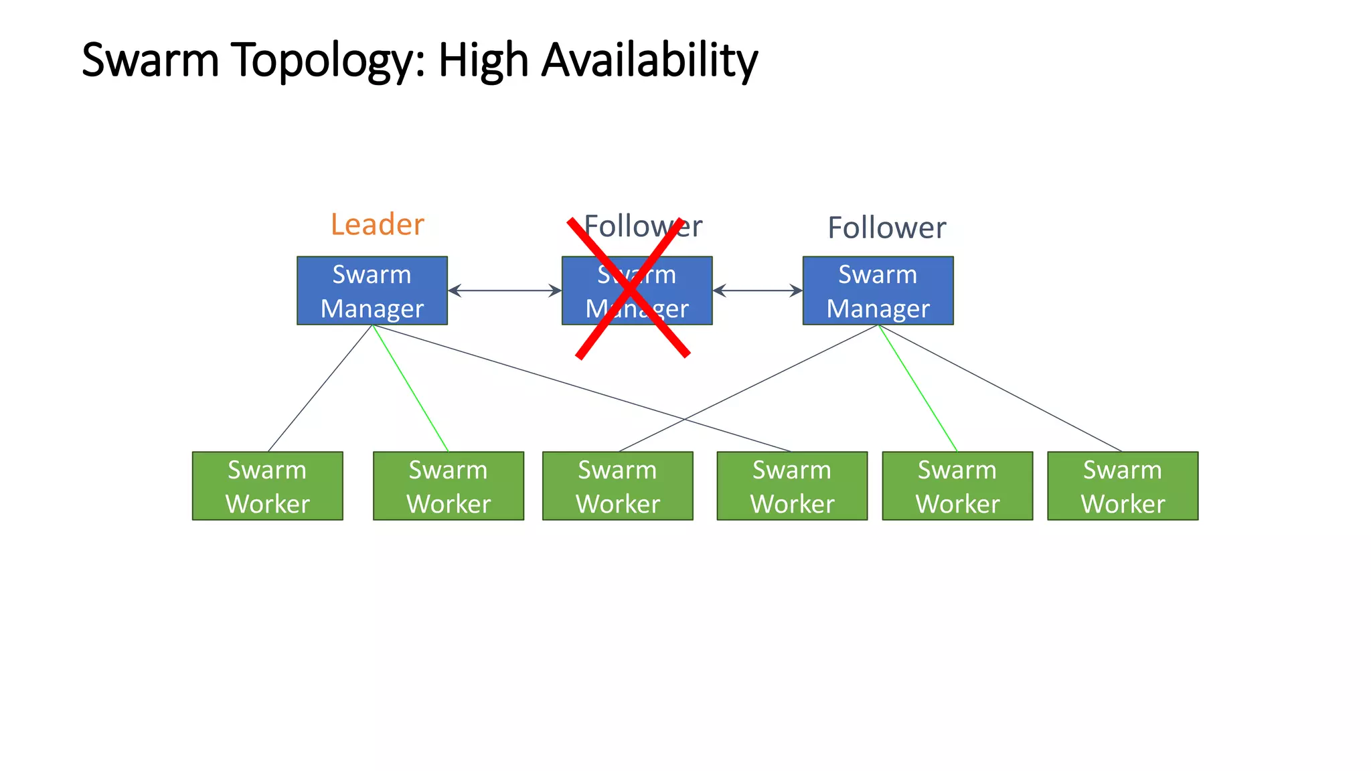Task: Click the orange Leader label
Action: point(378,225)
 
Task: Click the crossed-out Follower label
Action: point(643,226)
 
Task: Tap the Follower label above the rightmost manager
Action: point(886,228)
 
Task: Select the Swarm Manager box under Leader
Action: point(372,290)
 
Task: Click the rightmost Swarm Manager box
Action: point(878,290)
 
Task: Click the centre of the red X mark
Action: point(630,288)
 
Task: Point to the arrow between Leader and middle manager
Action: point(504,290)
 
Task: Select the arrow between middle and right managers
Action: point(757,290)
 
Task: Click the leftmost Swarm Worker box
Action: point(267,486)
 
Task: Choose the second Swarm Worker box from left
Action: point(448,486)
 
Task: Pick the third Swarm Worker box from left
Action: point(617,486)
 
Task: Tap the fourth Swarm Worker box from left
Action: point(792,486)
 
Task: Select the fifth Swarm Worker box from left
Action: point(957,486)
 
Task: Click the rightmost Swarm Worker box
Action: point(1123,486)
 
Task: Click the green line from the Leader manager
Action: point(410,388)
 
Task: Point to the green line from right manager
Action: point(918,388)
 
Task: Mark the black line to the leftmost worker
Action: point(319,389)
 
